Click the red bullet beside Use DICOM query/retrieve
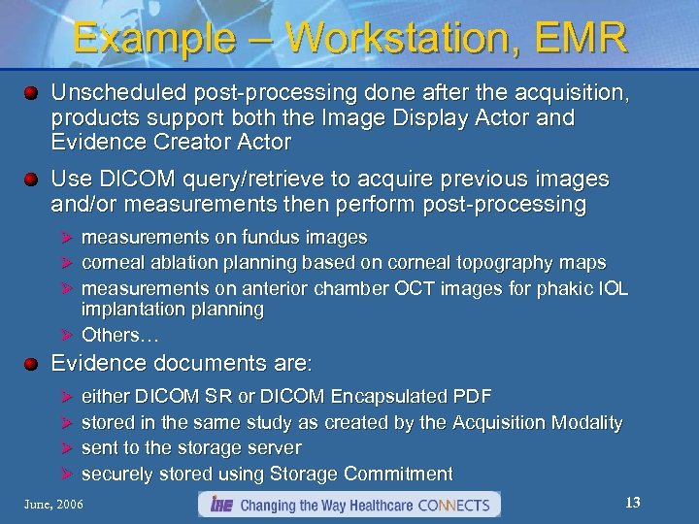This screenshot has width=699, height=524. [32, 180]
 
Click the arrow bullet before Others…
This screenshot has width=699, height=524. [67, 336]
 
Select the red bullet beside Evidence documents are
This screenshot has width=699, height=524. [32, 364]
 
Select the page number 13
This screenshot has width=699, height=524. [633, 503]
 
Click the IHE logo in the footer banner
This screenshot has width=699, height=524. [218, 505]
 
